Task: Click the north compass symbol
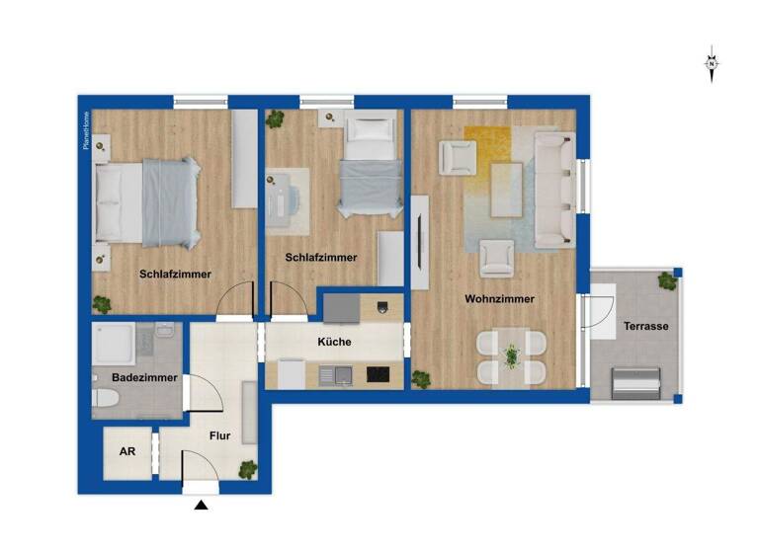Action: (712, 64)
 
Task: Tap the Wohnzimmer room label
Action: (502, 298)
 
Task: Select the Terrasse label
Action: (646, 326)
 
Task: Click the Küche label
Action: (335, 342)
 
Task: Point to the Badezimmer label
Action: (144, 377)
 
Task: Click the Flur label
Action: (219, 434)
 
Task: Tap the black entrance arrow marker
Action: (202, 507)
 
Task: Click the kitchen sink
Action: (338, 375)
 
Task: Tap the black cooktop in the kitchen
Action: (378, 374)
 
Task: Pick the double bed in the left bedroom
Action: (148, 202)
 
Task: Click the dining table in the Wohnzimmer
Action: (511, 356)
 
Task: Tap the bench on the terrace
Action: (635, 381)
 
